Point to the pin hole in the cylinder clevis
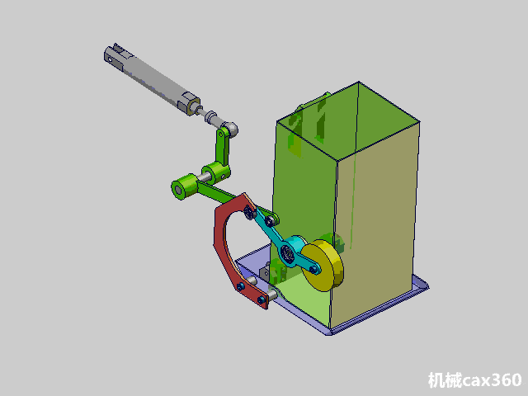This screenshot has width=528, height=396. point(110,59)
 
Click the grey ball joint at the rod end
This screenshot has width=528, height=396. point(231,128)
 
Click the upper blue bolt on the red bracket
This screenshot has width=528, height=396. point(240,287)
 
